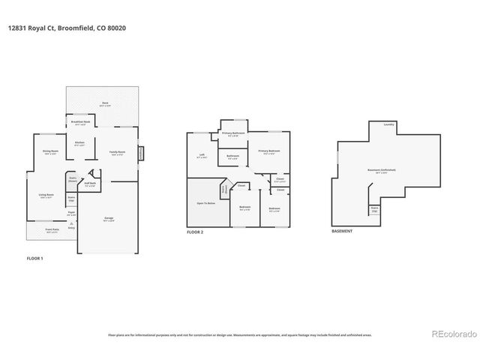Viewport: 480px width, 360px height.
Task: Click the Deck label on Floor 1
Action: tap(104, 103)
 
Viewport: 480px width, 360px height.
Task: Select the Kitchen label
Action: tap(79, 143)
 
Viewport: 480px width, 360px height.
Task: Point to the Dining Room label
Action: tap(50, 152)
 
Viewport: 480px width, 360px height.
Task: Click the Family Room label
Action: tap(117, 152)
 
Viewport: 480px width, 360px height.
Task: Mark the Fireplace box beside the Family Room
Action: tap(140, 153)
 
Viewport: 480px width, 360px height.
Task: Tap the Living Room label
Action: tap(46, 196)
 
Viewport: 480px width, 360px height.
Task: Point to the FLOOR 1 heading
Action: tap(35, 258)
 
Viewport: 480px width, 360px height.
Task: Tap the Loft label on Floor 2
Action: tap(202, 156)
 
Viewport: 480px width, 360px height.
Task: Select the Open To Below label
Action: tap(206, 202)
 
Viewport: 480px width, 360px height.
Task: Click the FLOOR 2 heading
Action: tap(195, 232)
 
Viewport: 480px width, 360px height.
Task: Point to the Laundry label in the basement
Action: tap(388, 124)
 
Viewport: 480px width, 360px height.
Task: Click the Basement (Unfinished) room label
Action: tap(382, 171)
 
